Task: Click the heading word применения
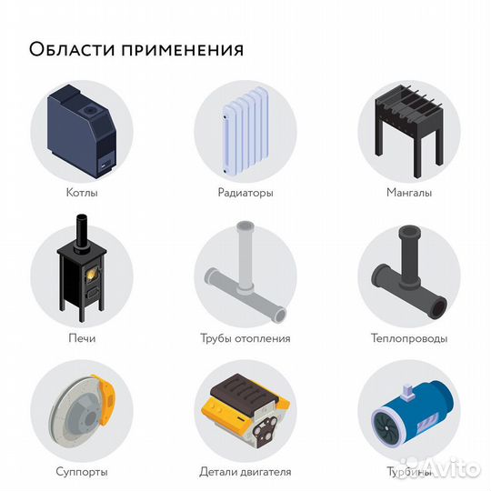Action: pyautogui.click(x=178, y=48)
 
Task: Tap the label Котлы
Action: pyautogui.click(x=82, y=193)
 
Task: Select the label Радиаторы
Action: pyautogui.click(x=245, y=193)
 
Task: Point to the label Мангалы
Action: pyautogui.click(x=408, y=193)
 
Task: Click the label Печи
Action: pyautogui.click(x=82, y=338)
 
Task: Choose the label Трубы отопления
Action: pyautogui.click(x=245, y=338)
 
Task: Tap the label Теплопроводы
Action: pyautogui.click(x=408, y=338)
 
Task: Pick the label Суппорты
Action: pyautogui.click(x=82, y=472)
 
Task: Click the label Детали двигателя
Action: pyautogui.click(x=245, y=472)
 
